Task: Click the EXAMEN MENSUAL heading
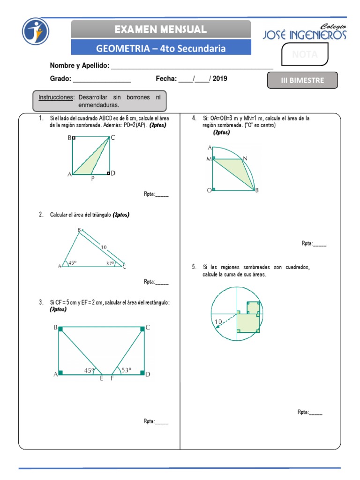click(161, 29)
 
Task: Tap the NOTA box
click(305, 54)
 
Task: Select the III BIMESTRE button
click(302, 80)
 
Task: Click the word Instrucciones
click(56, 97)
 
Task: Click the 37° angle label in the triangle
click(110, 263)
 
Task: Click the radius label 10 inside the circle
click(217, 322)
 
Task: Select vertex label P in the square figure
click(92, 179)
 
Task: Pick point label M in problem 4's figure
click(209, 159)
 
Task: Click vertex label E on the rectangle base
click(101, 378)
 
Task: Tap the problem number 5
click(194, 267)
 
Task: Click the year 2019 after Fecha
click(220, 79)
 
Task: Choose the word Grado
click(60, 79)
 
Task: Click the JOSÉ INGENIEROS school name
click(305, 35)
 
